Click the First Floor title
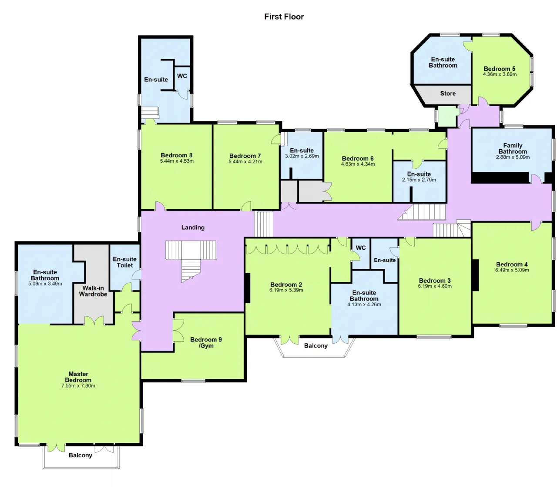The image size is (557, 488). coord(284,17)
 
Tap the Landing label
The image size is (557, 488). coord(193,227)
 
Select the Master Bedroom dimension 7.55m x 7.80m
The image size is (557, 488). coord(78,385)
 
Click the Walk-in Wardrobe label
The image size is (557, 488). coord(93,291)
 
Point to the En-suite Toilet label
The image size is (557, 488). coord(124,262)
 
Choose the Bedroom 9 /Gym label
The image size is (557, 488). coord(206,342)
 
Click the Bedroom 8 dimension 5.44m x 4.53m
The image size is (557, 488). coord(177,161)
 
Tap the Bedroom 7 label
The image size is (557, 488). coord(245,156)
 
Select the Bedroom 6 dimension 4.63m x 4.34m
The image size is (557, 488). coord(358,164)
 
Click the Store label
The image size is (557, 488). coord(448,94)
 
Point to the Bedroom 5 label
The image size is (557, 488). coord(500,69)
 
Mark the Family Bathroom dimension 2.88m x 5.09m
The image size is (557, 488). coord(513,157)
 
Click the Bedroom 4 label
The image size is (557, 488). coord(512,264)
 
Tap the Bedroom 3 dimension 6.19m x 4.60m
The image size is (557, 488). coord(435,286)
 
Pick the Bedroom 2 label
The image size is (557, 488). coord(286,284)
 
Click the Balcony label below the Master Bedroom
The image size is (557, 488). coord(80,455)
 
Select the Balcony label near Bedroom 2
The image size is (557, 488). coord(315,346)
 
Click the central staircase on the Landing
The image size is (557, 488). coord(191,260)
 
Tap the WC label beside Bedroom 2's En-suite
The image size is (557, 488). coord(361,248)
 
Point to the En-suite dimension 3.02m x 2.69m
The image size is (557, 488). coord(302,156)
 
